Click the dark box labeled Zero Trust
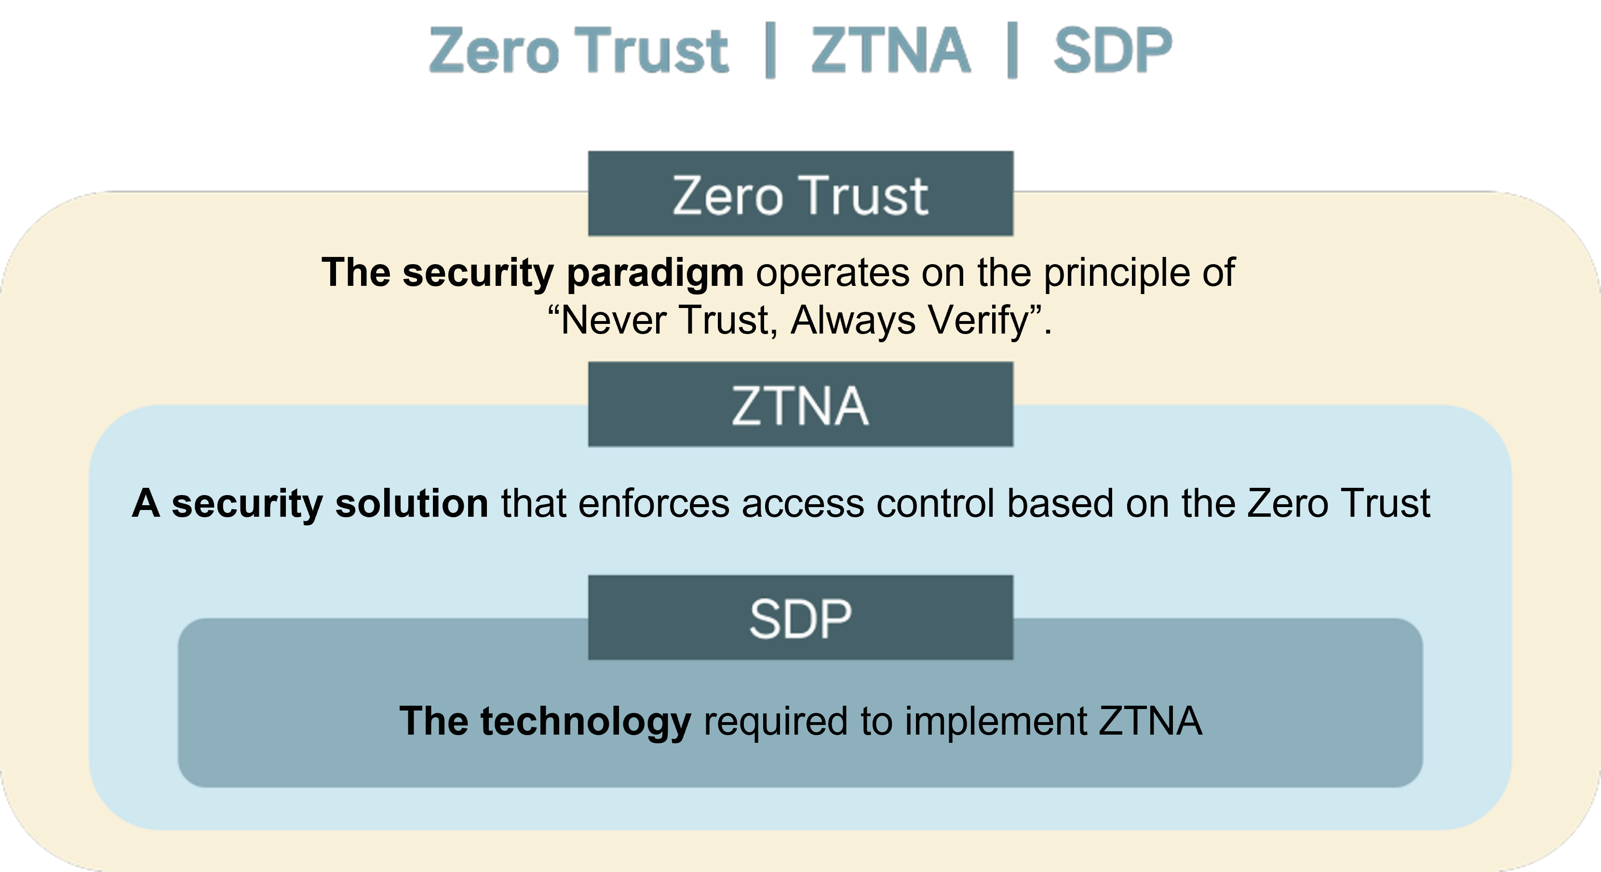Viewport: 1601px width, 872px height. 800,193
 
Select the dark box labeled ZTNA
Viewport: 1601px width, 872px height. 800,404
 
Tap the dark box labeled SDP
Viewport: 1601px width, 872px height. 800,617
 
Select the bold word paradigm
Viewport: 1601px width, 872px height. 655,273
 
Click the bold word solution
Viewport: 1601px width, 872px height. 411,503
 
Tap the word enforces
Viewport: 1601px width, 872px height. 654,503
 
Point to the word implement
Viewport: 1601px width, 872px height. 996,722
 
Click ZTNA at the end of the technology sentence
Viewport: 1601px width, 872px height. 1150,721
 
